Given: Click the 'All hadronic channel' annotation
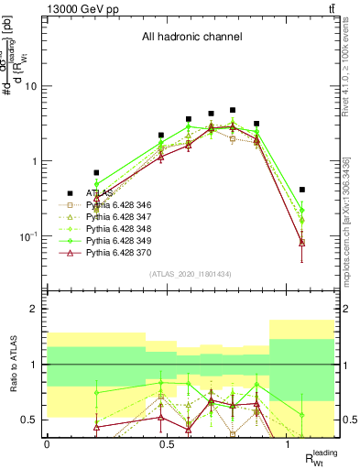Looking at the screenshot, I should point(191,38).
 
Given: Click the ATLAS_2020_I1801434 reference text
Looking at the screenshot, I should point(190,274).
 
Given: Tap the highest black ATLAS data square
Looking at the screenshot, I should point(233,110).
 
